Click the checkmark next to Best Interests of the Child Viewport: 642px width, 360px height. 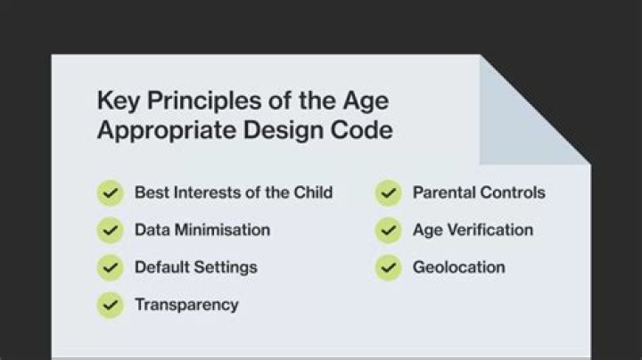coord(110,192)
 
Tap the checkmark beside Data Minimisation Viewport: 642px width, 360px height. coord(110,230)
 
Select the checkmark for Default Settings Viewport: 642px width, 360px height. coord(110,267)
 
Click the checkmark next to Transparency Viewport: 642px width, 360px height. coord(110,305)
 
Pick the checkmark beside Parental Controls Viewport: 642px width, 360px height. coord(388,192)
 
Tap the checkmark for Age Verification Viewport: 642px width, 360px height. coord(388,230)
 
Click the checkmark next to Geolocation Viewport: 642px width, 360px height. coord(388,267)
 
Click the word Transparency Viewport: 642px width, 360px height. coord(186,305)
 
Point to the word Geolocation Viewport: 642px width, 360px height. coord(458,267)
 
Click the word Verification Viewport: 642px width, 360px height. coord(489,230)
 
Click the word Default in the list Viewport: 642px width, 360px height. coord(160,267)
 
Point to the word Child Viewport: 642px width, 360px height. coord(313,192)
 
